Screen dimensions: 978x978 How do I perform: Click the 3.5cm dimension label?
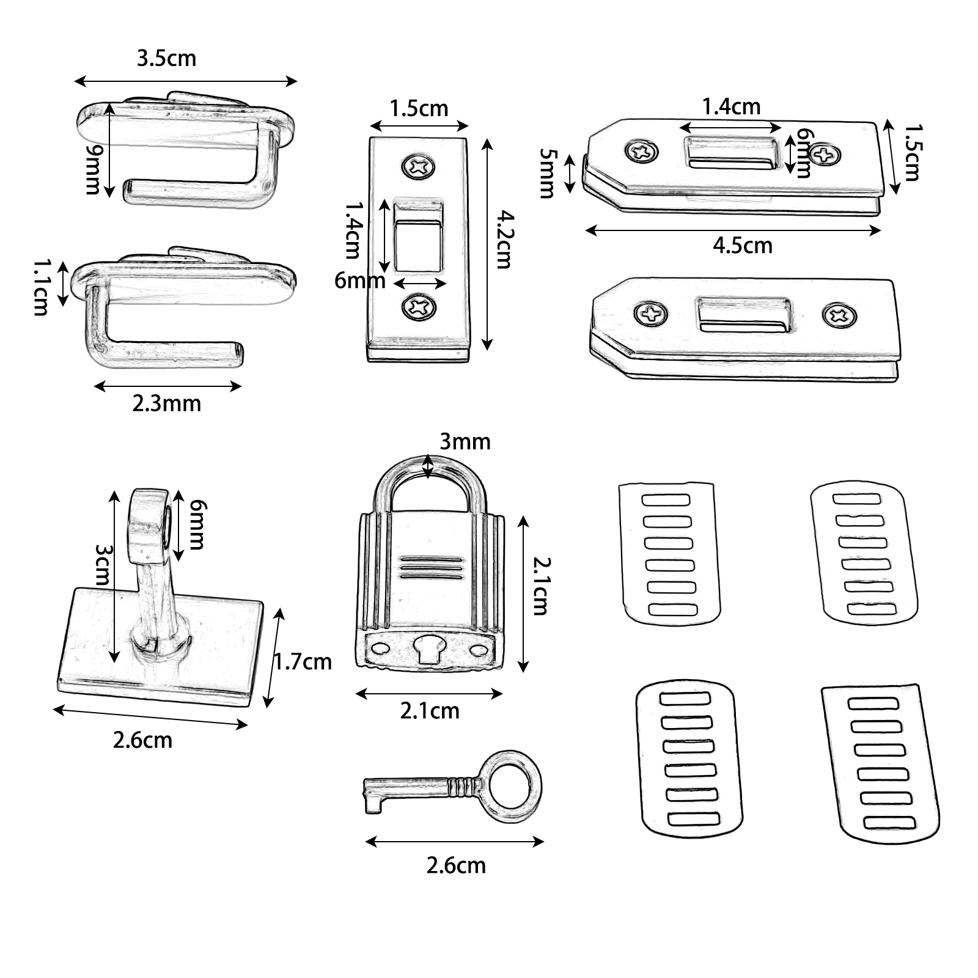coord(166,59)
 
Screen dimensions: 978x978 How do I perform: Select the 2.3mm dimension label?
coord(166,403)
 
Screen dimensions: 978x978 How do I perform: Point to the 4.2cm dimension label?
coord(504,239)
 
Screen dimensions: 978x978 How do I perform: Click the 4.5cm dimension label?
coord(742,246)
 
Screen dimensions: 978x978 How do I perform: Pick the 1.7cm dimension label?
coord(302,662)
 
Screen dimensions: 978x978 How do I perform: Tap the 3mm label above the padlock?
coord(465,442)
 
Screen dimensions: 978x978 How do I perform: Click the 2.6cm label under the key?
coord(456,866)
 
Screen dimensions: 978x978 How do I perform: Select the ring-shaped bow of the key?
coord(517,786)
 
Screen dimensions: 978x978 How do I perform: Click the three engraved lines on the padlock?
coord(429,567)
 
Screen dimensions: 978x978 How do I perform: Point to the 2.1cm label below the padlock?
coord(430,711)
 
